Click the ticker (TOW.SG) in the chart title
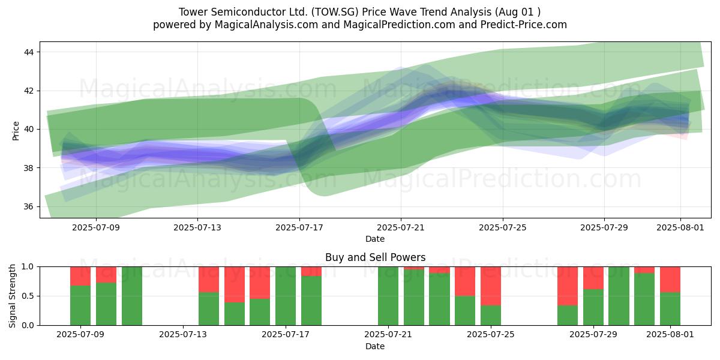335,12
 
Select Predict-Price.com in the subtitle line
524,25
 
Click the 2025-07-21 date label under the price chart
401,227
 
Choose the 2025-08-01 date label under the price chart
680,227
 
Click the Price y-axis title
16,131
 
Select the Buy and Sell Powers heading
375,257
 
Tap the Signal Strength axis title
12,296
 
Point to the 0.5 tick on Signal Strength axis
28,296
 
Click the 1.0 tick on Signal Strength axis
28,266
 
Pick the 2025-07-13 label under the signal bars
183,335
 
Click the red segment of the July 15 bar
235,284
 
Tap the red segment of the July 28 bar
568,286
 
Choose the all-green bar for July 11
132,296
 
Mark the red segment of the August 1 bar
670,280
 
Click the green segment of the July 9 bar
80,305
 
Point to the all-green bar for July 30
619,296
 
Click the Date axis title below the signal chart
375,346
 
